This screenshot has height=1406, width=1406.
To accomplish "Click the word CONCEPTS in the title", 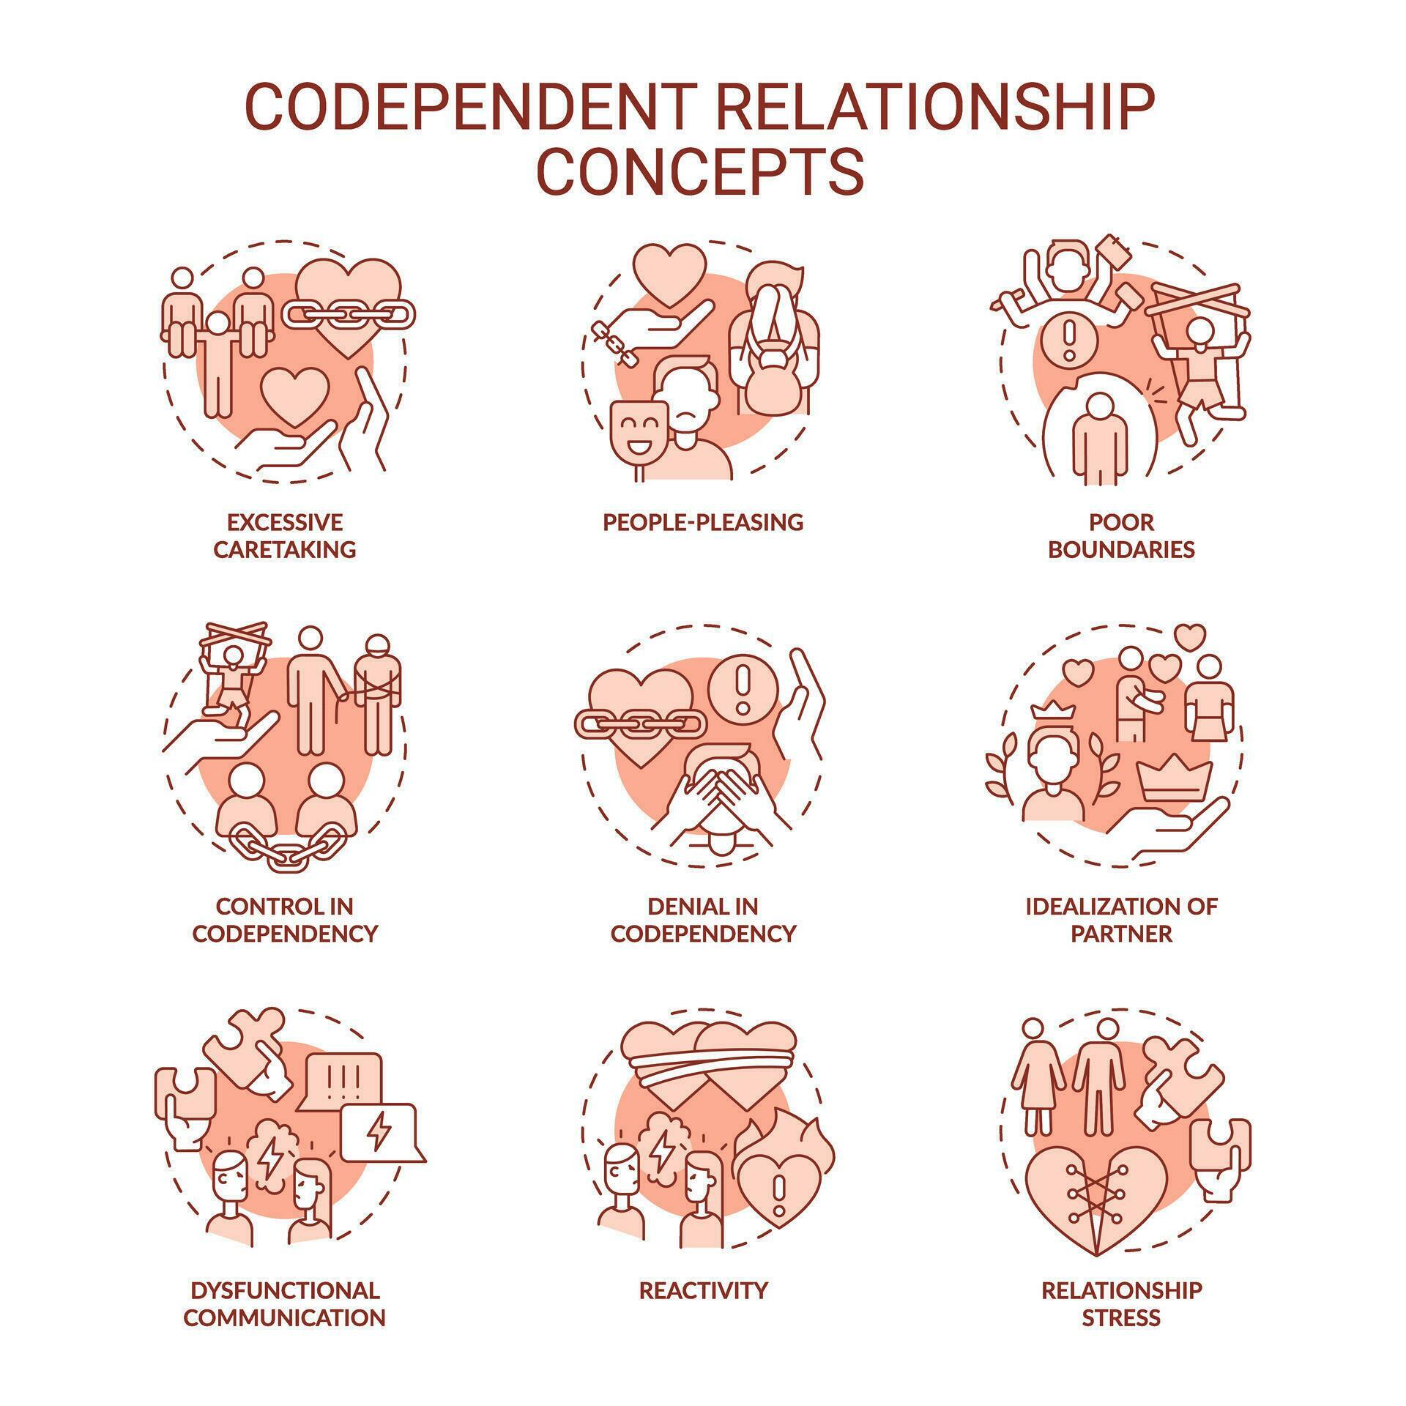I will [701, 171].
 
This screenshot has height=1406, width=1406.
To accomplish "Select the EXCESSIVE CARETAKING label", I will [284, 535].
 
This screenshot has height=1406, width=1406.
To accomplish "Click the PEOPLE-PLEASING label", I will [703, 522].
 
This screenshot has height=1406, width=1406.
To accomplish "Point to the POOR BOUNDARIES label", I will [1121, 535].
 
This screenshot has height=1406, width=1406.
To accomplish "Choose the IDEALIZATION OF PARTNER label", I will [1121, 920].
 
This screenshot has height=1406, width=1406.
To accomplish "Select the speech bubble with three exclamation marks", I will [343, 1079].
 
